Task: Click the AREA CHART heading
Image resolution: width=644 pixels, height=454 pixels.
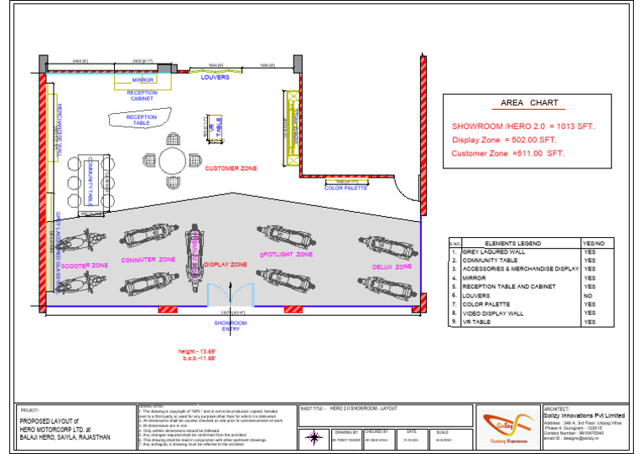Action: point(523,103)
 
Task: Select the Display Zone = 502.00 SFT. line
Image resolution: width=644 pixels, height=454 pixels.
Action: point(504,140)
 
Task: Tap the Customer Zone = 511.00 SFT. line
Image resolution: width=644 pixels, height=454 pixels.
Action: point(508,153)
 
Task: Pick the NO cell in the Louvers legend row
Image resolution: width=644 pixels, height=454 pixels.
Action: point(589,296)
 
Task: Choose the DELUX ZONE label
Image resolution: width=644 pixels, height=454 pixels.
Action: point(392,266)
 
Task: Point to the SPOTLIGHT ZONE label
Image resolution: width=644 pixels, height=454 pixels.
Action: point(286,254)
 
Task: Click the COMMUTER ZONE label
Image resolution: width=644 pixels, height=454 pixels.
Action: point(148,260)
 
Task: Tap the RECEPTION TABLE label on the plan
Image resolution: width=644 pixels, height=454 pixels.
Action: point(141,121)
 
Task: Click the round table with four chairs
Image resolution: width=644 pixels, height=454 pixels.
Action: point(174,159)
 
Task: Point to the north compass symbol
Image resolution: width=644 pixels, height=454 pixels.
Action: point(313,436)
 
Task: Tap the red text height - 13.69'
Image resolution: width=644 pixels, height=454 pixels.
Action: point(197,350)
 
